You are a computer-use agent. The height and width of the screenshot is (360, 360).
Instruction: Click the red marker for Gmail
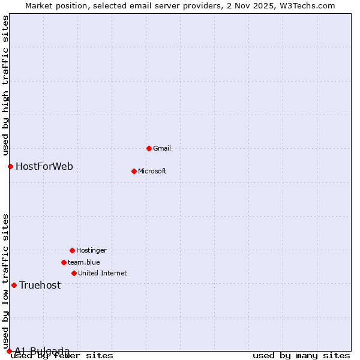click(149, 148)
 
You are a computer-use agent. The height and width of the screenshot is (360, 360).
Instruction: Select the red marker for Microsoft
click(134, 171)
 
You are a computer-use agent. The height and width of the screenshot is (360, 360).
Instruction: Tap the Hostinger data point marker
click(72, 250)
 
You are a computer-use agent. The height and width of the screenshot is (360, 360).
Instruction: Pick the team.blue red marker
click(64, 262)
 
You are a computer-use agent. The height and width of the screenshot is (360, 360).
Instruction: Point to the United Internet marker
click(74, 273)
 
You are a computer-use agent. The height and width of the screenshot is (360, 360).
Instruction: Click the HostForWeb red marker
click(10, 166)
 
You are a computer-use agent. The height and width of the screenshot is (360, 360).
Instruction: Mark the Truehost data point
click(14, 285)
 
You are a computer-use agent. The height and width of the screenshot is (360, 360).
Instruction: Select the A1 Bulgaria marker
click(9, 351)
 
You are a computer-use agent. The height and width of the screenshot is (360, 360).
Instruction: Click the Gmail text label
click(161, 148)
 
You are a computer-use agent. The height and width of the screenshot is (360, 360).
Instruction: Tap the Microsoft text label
click(152, 171)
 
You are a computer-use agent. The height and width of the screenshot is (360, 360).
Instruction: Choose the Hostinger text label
click(91, 250)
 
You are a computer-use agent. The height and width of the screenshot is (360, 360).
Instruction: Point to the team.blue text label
click(83, 262)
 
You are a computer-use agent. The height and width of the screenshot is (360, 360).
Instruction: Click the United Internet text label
click(102, 273)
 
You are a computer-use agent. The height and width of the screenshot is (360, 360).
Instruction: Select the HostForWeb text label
click(44, 166)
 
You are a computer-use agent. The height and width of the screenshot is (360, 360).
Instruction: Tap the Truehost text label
click(40, 285)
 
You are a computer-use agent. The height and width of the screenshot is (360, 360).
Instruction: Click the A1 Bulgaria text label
click(42, 351)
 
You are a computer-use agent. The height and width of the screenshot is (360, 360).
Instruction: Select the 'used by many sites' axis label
click(301, 356)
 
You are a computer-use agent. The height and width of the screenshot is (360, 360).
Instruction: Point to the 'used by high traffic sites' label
click(5, 84)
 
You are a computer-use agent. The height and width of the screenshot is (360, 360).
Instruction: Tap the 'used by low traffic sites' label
click(5, 281)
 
